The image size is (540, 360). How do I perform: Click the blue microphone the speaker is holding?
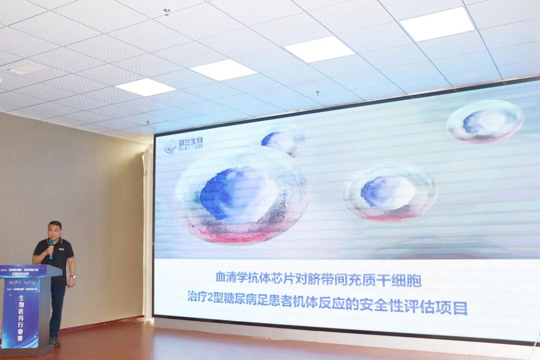[51, 245]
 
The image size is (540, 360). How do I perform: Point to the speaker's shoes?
[55, 342]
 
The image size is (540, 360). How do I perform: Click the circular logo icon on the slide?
[170, 146]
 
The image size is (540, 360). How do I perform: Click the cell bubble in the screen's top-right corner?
[485, 121]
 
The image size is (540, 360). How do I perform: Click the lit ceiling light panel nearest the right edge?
[437, 23]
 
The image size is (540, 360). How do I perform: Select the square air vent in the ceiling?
[26, 68]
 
